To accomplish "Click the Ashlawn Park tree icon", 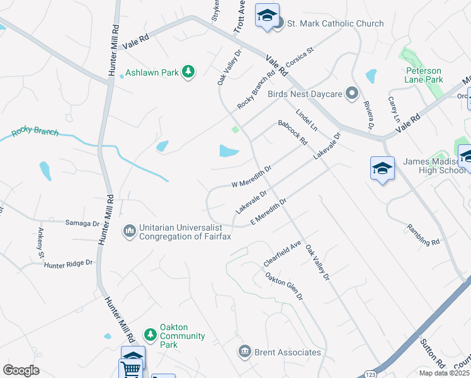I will [x=188, y=72].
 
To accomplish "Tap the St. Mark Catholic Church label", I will [x=335, y=23].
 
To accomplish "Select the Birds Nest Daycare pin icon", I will [x=352, y=94].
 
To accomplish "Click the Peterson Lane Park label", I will [x=424, y=75].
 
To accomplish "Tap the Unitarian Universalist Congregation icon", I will [x=130, y=231].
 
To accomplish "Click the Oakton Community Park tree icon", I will [x=150, y=333].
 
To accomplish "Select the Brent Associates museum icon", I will [x=244, y=352].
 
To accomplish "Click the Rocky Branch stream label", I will [x=35, y=133].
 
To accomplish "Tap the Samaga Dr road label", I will [x=82, y=223].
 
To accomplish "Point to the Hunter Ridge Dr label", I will [x=68, y=264].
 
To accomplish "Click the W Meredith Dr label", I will [x=251, y=176].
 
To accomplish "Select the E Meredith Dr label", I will [x=268, y=210].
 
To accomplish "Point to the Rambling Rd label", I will [x=423, y=234].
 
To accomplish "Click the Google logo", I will [x=21, y=370].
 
